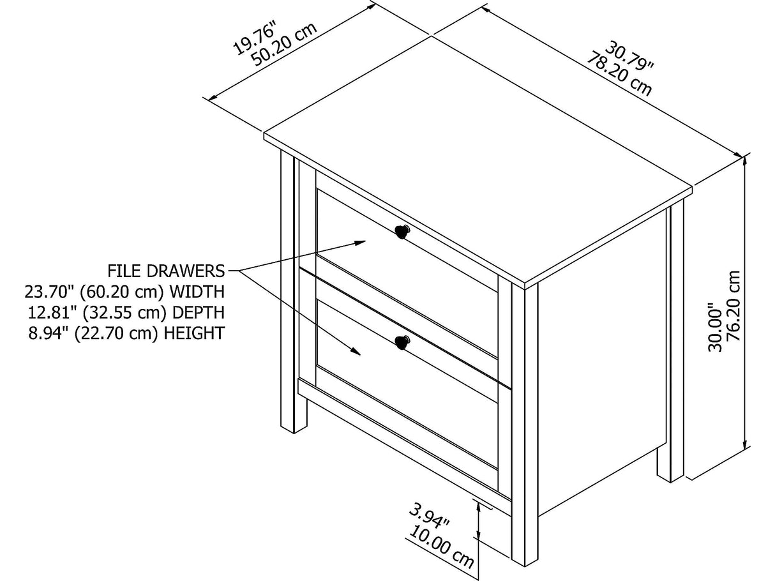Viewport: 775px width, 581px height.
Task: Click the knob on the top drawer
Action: point(402,232)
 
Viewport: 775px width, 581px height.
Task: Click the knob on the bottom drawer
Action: point(402,342)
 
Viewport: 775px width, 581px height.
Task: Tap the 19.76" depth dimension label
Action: point(255,38)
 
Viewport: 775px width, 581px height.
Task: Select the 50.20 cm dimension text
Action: point(285,44)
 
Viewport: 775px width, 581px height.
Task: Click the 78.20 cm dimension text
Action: point(619,75)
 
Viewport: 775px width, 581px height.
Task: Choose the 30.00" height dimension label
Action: point(716,331)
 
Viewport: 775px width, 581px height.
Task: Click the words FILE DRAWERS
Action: point(166,271)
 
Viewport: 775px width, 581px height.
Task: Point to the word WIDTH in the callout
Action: point(197,292)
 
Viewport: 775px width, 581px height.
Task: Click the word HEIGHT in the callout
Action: point(195,333)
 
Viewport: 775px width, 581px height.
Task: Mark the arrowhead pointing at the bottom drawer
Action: point(356,351)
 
